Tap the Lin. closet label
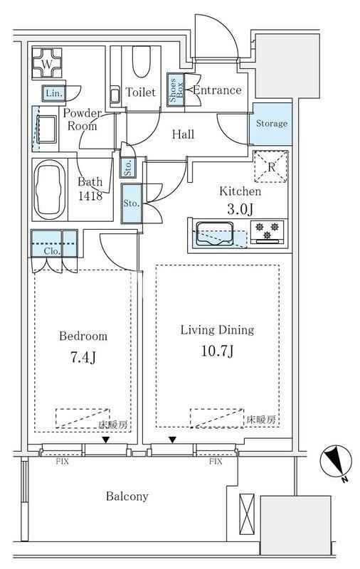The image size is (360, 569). coord(53,93)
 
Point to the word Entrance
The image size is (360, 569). coord(217,90)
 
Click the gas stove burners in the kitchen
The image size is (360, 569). coord(268,231)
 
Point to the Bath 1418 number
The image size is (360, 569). coord(91,195)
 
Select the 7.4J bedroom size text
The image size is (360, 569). coord(83,357)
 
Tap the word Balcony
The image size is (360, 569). coord(128,496)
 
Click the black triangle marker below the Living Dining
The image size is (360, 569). coord(173,440)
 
